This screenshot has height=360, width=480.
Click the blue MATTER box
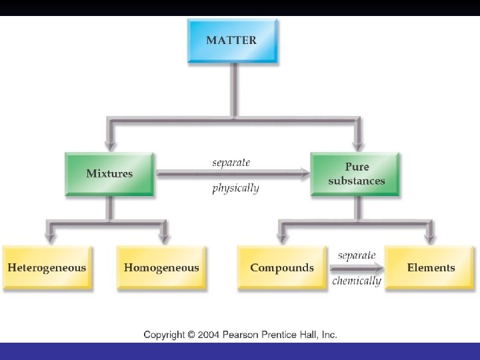click(231, 41)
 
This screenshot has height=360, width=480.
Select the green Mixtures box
click(109, 174)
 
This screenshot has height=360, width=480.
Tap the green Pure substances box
click(356, 174)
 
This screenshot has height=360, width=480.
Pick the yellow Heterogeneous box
click(47, 267)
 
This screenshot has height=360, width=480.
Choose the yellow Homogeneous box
click(161, 267)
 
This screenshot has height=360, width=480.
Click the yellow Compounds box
click(282, 267)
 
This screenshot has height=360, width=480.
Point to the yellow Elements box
click(431, 267)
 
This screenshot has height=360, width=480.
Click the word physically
click(235, 188)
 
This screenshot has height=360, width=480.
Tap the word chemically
click(357, 281)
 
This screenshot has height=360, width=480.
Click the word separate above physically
click(231, 163)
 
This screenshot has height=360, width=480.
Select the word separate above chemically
click(357, 255)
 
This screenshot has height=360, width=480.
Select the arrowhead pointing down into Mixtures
click(109, 143)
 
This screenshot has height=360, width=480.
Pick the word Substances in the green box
click(356, 181)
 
